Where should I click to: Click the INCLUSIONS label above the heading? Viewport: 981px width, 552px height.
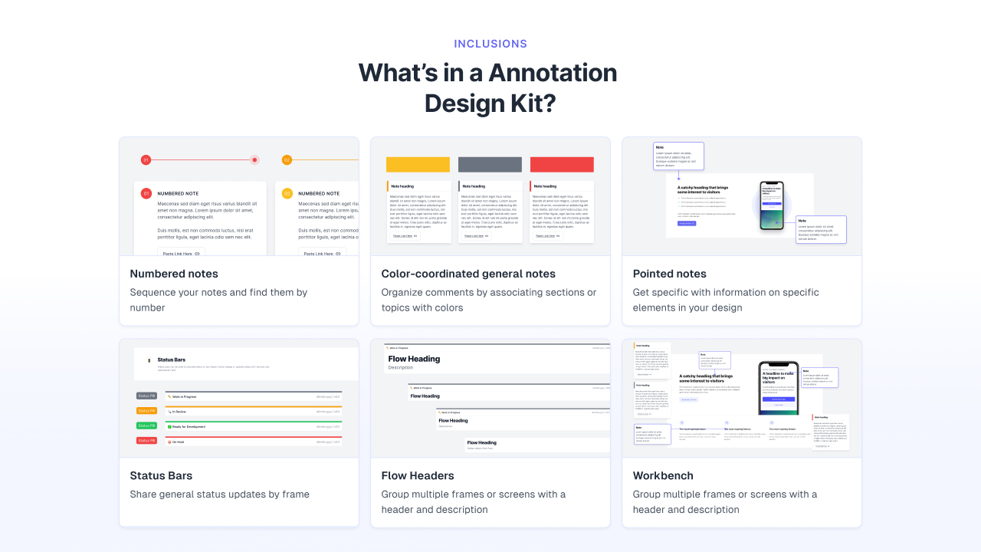pos(490,44)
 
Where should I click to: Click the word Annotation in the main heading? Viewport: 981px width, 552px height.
pos(553,73)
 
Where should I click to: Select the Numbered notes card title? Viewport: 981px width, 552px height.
pos(174,274)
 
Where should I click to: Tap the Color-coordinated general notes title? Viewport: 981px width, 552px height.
pos(468,274)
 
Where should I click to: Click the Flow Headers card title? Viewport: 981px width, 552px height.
pos(418,475)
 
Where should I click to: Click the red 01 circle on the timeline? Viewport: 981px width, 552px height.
pos(146,160)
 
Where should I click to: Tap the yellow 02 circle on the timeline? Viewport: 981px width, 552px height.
pos(287,160)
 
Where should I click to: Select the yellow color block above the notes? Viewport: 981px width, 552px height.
pos(418,165)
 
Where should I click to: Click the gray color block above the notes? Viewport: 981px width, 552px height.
pos(490,165)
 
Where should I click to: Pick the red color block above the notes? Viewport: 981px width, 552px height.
pos(562,165)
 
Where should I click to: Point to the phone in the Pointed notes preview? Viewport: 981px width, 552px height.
pos(771,205)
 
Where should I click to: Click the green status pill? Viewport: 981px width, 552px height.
pos(146,426)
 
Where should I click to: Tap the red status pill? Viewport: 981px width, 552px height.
pos(146,441)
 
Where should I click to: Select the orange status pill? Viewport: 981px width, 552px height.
pos(146,411)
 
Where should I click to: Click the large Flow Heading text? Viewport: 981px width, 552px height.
pos(414,359)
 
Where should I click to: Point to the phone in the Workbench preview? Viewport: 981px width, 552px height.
pos(779,387)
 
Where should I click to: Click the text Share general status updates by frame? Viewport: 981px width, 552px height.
pos(219,495)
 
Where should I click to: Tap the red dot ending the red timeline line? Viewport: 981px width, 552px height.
pos(254,160)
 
